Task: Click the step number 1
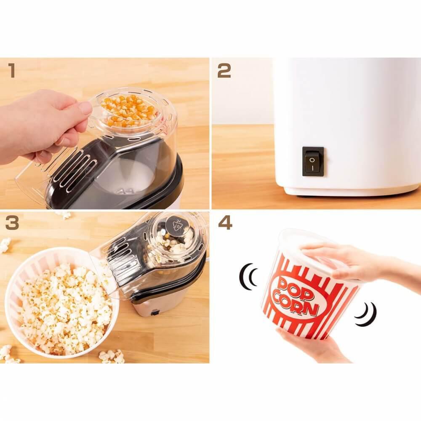[x=11, y=71]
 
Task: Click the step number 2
[x=224, y=71]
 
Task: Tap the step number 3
[x=12, y=223]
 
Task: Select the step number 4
[x=225, y=223]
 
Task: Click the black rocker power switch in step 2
[x=313, y=161]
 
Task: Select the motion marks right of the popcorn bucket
[x=367, y=314]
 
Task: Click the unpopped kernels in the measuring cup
[x=128, y=110]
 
